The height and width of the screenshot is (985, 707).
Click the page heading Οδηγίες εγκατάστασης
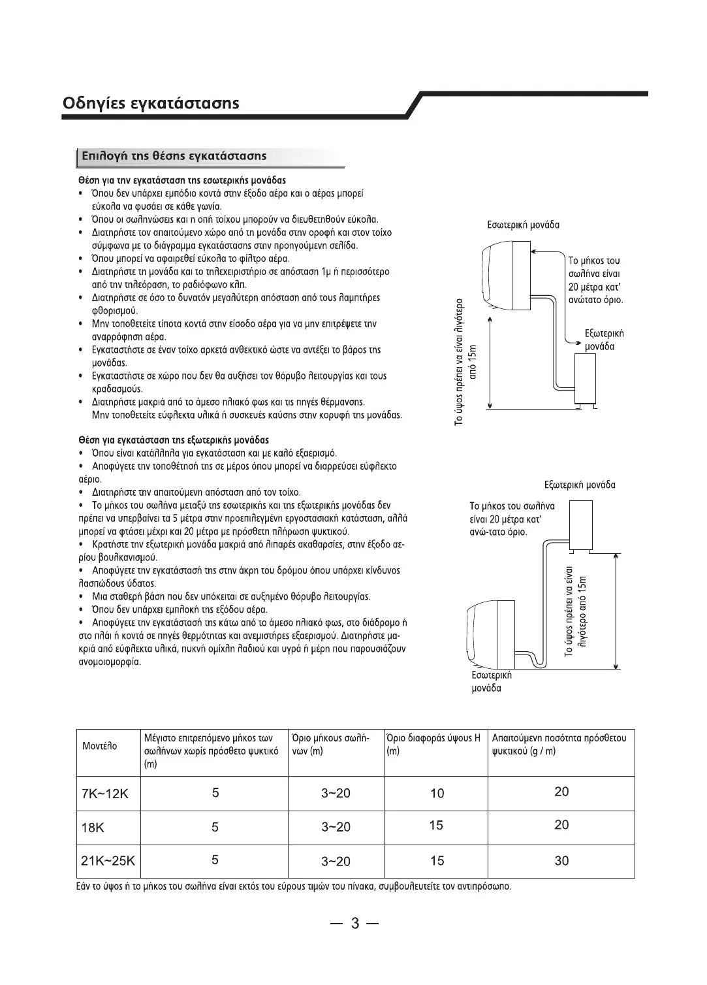(151, 103)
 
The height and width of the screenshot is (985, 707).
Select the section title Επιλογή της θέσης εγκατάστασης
(173, 156)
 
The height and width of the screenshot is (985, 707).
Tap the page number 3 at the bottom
(354, 923)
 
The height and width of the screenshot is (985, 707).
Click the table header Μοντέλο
(100, 746)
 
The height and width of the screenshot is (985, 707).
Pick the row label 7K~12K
(105, 794)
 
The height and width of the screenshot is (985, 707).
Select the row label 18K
(93, 828)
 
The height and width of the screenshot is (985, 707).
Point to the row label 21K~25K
(108, 861)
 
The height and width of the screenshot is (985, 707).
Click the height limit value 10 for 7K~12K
(437, 793)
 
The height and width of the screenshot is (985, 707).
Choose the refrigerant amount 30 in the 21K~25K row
(561, 861)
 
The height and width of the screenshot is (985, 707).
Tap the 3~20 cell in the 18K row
(336, 827)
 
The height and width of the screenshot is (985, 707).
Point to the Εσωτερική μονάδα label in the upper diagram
(523, 225)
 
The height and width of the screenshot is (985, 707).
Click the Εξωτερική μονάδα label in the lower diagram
(580, 485)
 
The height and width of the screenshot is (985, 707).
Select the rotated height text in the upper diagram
(465, 363)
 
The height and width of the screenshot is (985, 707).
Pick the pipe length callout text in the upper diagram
(595, 281)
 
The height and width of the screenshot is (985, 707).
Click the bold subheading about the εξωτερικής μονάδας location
(173, 440)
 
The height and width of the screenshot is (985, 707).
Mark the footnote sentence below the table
(294, 887)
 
